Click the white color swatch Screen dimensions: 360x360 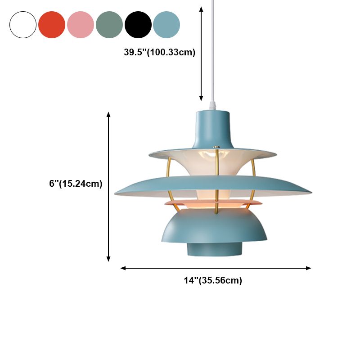23,25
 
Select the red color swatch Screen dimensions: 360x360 52,25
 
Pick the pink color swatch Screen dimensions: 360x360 81,25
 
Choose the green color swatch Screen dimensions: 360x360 109,25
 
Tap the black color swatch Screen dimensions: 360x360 138,25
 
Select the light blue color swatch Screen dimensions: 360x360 166,25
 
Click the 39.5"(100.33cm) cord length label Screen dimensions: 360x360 160,52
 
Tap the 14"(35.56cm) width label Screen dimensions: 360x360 213,281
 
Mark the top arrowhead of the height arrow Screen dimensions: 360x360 108,115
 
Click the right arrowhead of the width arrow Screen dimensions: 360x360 309,268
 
